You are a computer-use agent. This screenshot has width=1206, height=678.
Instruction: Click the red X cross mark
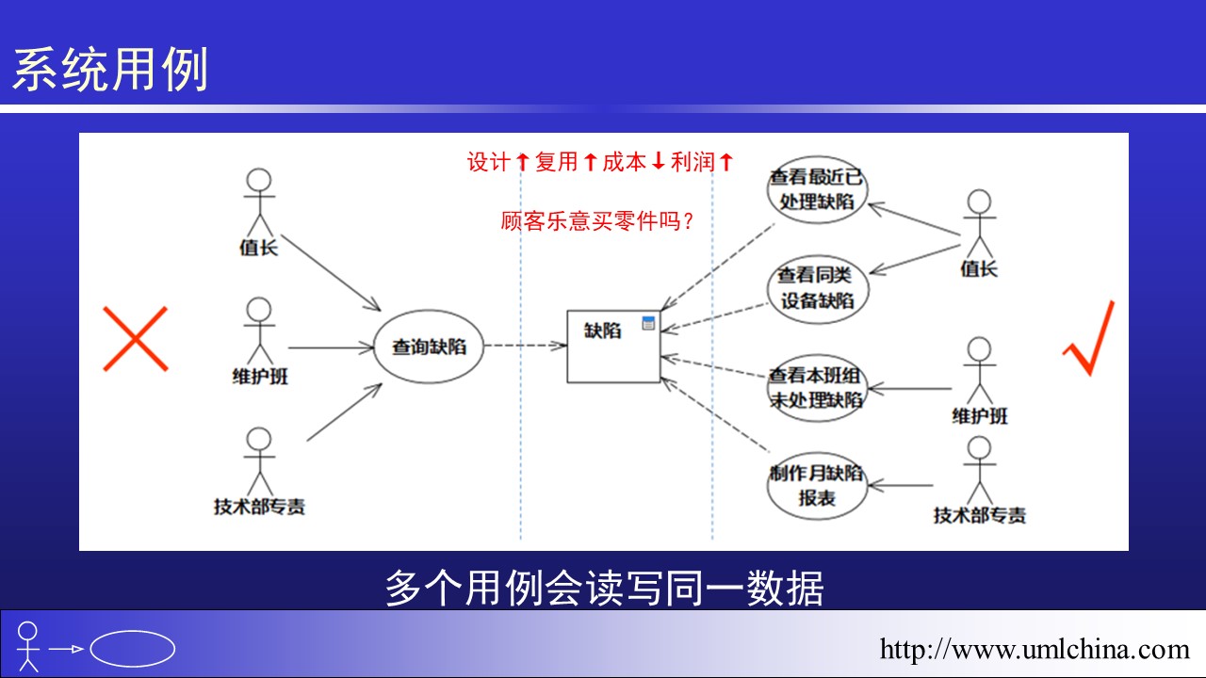tap(135, 339)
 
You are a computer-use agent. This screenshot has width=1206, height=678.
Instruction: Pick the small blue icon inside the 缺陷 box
tap(649, 323)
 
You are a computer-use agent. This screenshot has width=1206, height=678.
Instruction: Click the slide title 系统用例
tap(110, 70)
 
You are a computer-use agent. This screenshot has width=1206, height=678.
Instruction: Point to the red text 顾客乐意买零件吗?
tap(596, 221)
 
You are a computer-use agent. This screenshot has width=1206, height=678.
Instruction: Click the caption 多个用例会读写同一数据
tap(604, 589)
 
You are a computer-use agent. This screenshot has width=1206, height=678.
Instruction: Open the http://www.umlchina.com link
tap(1035, 649)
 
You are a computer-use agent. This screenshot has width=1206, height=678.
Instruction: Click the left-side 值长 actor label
tap(259, 248)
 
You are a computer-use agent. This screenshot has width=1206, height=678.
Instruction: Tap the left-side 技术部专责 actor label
tap(259, 507)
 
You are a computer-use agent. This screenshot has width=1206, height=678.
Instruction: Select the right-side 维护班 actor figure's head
tap(979, 348)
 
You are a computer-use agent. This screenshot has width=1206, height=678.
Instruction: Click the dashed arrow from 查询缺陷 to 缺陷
tap(525, 346)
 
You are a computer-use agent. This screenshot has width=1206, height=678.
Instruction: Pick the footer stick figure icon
tap(28, 647)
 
